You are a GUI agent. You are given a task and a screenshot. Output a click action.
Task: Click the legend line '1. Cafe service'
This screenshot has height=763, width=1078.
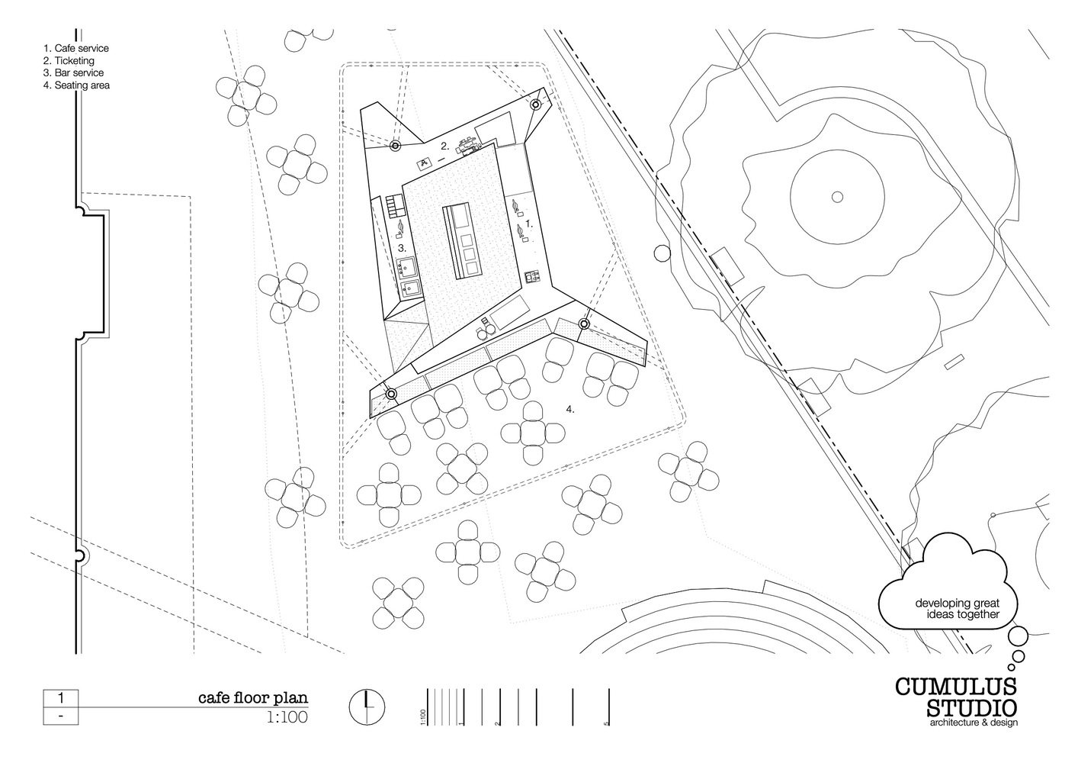(x=76, y=48)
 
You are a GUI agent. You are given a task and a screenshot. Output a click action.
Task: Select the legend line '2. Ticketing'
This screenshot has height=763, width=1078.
(x=69, y=61)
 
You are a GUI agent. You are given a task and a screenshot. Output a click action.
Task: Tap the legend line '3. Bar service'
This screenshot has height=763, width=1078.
(x=73, y=72)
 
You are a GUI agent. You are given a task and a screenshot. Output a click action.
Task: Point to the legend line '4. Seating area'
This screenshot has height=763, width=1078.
(x=76, y=85)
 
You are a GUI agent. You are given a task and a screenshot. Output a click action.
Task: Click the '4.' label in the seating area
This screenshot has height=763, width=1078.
(x=570, y=410)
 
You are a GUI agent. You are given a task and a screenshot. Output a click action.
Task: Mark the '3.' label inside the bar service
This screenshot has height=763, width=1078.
(x=403, y=249)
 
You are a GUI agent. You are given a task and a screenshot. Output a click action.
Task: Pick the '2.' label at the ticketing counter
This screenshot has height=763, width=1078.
(x=445, y=146)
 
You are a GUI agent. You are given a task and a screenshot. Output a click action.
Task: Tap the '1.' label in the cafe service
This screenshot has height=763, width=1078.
(x=529, y=224)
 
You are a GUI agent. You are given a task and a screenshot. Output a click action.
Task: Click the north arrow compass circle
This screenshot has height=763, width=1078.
(x=367, y=707)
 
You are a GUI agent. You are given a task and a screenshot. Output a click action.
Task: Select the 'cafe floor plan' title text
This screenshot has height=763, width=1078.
(x=253, y=698)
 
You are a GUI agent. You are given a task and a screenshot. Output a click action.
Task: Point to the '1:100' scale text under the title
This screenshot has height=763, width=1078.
(x=287, y=717)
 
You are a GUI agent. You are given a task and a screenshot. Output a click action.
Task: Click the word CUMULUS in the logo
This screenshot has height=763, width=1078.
(x=956, y=687)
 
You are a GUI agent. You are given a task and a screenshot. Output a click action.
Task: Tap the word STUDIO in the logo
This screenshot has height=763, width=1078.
(x=972, y=709)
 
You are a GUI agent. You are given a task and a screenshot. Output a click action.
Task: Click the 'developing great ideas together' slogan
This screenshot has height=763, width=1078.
(x=958, y=608)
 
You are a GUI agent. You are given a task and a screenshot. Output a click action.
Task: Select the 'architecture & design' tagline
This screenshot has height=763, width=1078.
(x=974, y=723)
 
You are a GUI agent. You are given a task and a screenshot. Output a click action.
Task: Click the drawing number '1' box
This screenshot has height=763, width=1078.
(x=61, y=698)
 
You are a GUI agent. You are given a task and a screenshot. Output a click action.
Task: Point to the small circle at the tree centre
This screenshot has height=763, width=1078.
(x=837, y=197)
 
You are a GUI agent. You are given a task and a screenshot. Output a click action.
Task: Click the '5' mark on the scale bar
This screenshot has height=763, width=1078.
(x=606, y=723)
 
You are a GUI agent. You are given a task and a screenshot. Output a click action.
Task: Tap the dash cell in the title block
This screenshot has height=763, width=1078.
(x=61, y=716)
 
